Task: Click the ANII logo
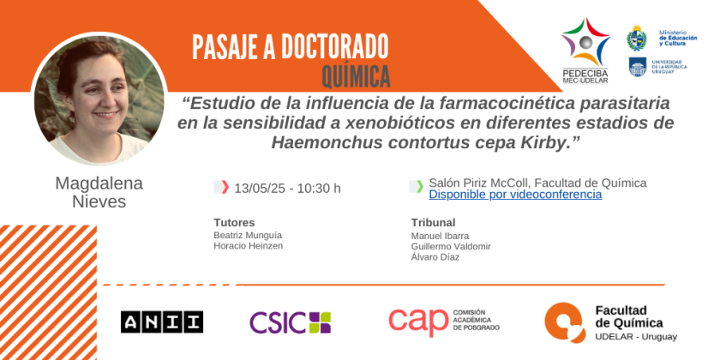162,322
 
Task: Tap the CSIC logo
291,322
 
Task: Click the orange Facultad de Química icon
565,323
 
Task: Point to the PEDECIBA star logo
585,42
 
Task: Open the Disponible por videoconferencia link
515,195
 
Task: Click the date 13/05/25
261,189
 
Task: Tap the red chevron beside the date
225,188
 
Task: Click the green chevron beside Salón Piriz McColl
420,187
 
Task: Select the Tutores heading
234,223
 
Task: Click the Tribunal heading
433,223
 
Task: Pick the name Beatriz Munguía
248,235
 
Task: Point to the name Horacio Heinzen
248,246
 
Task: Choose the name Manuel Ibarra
440,236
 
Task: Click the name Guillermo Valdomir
451,247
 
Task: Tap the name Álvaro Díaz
435,257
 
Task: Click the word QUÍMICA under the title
356,75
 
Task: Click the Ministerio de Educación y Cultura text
678,38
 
